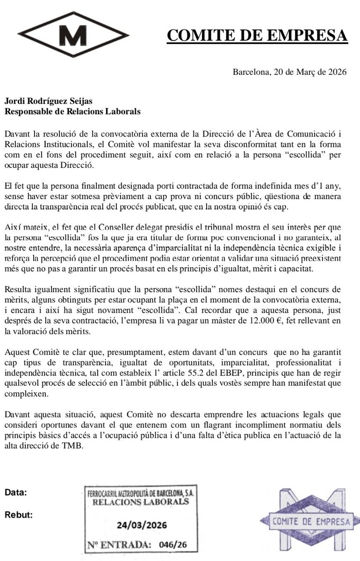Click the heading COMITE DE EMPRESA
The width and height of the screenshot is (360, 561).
pos(257,36)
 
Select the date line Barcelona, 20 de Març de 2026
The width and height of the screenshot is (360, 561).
pos(289,72)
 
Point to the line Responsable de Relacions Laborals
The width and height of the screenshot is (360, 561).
pos(72,111)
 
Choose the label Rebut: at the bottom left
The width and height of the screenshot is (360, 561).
pos(18,516)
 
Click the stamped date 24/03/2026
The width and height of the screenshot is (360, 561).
pos(142,525)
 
